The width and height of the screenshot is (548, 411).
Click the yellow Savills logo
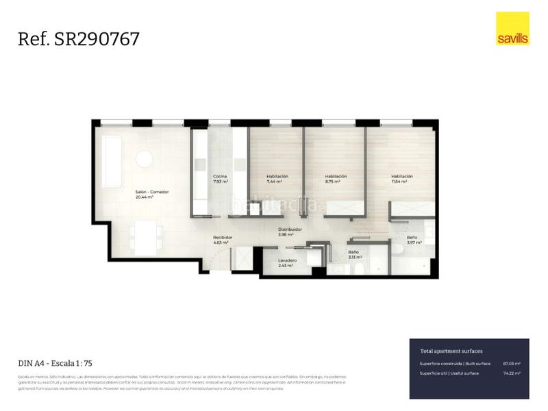512,29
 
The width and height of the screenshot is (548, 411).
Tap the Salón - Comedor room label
151,192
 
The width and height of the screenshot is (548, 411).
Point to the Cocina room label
220,177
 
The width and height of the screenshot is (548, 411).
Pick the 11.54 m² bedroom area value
401,182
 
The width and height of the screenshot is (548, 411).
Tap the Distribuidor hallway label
290,229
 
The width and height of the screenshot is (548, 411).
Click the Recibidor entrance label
223,237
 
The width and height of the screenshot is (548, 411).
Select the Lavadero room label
287,261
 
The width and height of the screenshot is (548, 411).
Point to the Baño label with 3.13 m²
353,252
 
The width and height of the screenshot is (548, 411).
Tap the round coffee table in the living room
145,159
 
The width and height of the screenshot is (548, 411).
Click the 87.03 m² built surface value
511,364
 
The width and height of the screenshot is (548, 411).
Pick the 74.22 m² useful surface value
511,373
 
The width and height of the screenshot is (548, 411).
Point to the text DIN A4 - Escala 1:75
54,363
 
